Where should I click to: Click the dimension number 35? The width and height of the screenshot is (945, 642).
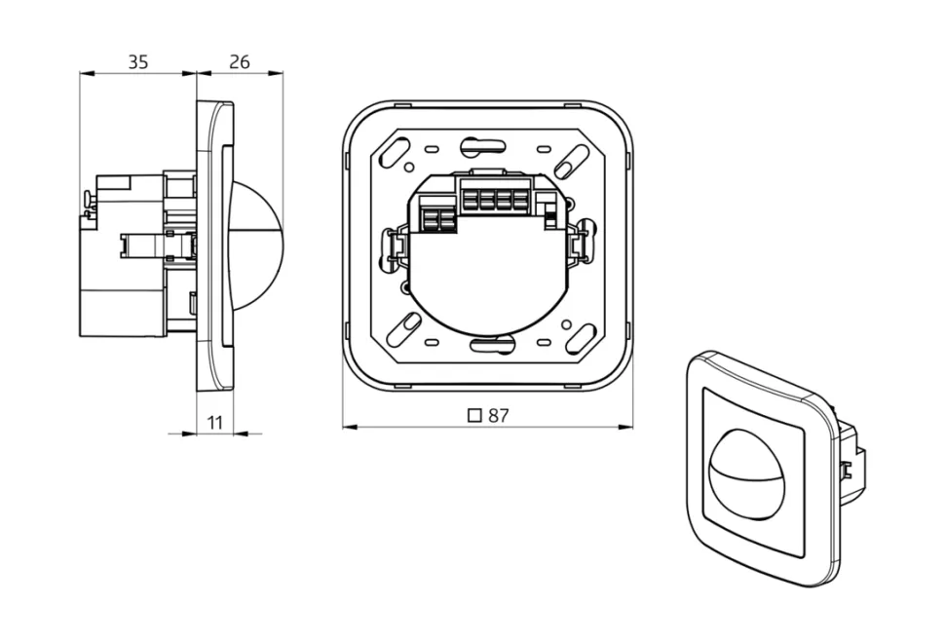(x=138, y=62)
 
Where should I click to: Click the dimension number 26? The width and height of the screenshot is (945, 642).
(x=239, y=62)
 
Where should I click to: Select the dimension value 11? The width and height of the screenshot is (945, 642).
(x=215, y=421)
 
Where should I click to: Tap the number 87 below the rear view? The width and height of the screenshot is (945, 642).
(x=499, y=415)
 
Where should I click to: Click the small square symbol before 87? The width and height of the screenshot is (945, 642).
(x=475, y=415)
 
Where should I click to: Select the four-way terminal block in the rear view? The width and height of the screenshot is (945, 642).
(x=491, y=198)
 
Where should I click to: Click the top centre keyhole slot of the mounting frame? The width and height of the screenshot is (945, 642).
(x=484, y=146)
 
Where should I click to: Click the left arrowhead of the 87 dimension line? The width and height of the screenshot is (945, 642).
(x=348, y=426)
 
